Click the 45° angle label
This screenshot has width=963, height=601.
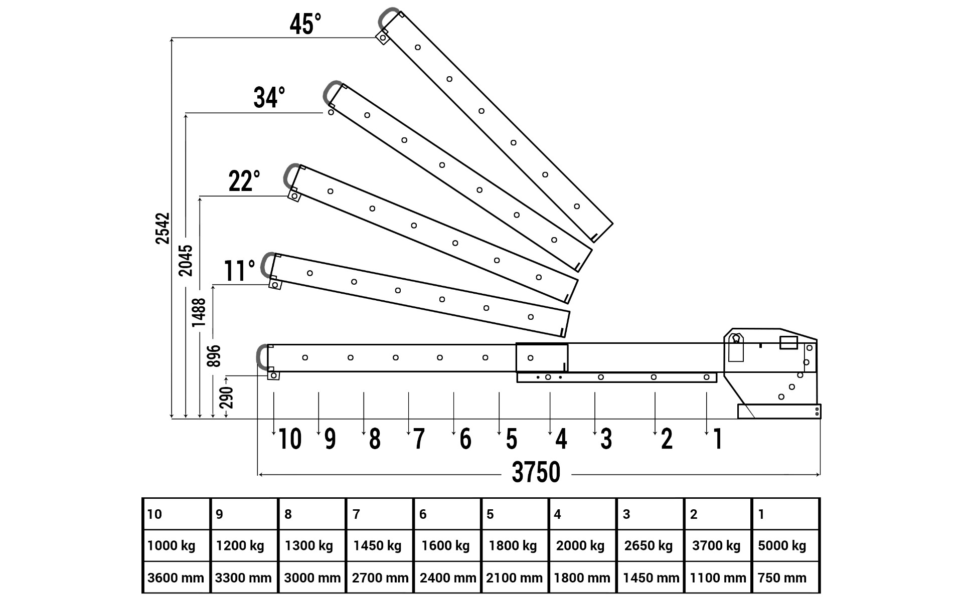click(x=305, y=24)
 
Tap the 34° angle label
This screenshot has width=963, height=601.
click(x=269, y=97)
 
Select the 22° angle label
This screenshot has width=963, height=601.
click(x=244, y=181)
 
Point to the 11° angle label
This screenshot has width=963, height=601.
click(x=239, y=271)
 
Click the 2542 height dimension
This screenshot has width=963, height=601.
click(x=163, y=228)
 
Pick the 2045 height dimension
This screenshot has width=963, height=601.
click(x=186, y=260)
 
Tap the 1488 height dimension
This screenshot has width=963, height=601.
click(x=199, y=312)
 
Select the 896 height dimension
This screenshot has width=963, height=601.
click(x=214, y=356)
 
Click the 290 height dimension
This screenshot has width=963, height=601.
click(x=227, y=397)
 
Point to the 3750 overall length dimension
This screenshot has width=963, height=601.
click(x=536, y=472)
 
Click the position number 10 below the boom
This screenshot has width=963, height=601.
click(x=289, y=439)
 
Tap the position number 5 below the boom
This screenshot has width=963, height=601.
click(x=511, y=439)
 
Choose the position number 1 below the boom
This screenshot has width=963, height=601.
click(x=718, y=439)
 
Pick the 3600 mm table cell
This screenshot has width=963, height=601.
click(x=176, y=577)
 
